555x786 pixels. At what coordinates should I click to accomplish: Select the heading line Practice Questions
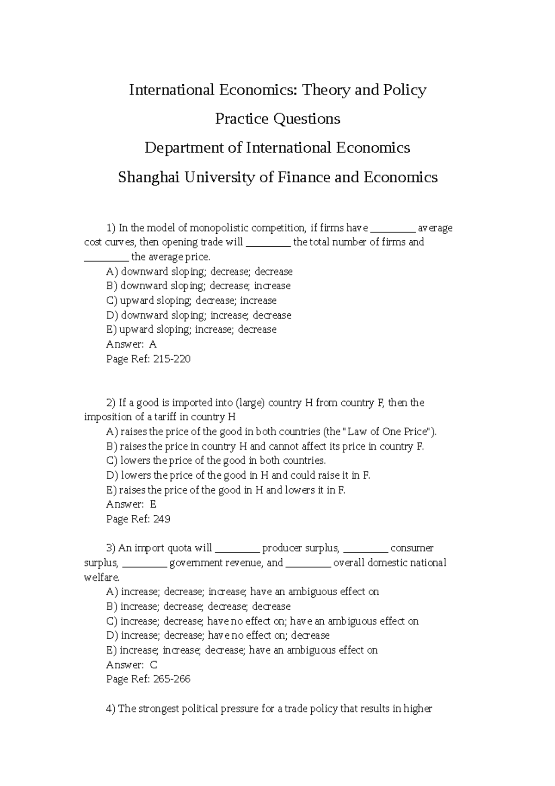click(277, 119)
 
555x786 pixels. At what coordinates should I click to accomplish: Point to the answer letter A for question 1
click(153, 344)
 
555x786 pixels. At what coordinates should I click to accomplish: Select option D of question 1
click(198, 315)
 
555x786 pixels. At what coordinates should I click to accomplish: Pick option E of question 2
click(225, 490)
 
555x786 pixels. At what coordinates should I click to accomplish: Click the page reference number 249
click(162, 519)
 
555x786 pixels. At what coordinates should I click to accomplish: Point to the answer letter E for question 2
click(153, 505)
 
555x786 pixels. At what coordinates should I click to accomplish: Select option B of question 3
click(198, 606)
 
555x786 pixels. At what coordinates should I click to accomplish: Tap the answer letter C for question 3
click(154, 665)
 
